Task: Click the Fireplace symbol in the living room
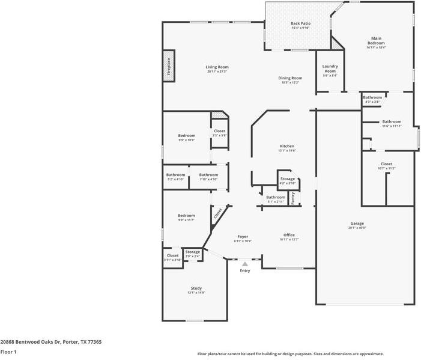click(x=169, y=67)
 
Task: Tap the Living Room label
click(x=217, y=67)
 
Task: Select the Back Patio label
click(x=300, y=23)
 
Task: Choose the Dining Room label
click(x=290, y=78)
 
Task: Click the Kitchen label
click(x=287, y=147)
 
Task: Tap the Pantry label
click(x=293, y=198)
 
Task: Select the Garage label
click(x=357, y=223)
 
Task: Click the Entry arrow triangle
click(x=245, y=263)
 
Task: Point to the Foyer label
click(x=243, y=237)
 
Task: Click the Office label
click(x=289, y=235)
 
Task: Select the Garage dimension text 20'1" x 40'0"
click(x=357, y=228)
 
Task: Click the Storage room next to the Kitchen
click(x=288, y=180)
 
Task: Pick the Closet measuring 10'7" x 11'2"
click(x=386, y=166)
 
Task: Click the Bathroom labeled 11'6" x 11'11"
click(x=392, y=123)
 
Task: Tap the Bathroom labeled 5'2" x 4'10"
click(x=176, y=177)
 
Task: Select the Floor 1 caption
click(x=8, y=352)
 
